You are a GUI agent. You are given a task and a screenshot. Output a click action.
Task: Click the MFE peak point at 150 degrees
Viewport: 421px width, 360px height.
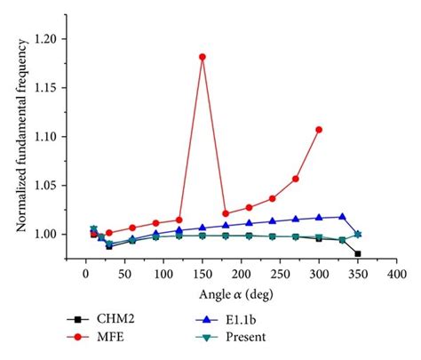click(x=203, y=57)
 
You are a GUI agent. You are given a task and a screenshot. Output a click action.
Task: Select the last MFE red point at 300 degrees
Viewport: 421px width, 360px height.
click(x=319, y=130)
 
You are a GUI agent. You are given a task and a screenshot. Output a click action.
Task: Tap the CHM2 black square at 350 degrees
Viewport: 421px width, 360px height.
click(x=358, y=253)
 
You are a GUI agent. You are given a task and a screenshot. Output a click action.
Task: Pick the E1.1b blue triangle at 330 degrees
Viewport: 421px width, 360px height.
click(x=342, y=216)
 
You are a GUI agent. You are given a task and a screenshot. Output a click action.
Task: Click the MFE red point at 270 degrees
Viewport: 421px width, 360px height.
click(x=296, y=179)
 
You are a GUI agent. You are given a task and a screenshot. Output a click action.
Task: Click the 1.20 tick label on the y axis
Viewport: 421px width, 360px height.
click(x=45, y=39)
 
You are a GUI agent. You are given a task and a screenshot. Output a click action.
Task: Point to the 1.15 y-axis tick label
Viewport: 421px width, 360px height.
click(x=45, y=88)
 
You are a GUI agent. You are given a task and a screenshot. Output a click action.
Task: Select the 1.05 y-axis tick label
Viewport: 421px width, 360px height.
click(x=45, y=185)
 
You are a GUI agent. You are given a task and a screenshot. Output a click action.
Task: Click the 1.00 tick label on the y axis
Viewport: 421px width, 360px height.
click(x=45, y=234)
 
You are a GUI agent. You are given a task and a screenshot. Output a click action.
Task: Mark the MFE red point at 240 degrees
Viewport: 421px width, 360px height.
click(x=273, y=198)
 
